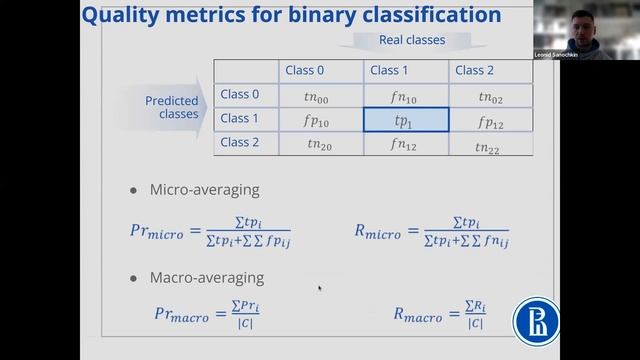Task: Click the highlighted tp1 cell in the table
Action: [x=405, y=120]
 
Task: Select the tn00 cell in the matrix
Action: [x=319, y=96]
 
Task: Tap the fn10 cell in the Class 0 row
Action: [x=405, y=96]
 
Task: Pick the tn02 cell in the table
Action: [x=490, y=96]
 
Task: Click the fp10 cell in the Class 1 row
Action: [x=319, y=120]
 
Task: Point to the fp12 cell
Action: [x=490, y=120]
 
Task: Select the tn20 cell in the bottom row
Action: [x=319, y=144]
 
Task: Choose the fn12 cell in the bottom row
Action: [x=405, y=144]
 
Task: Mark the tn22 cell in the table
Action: [x=490, y=145]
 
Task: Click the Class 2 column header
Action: [x=474, y=70]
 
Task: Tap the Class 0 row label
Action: [x=239, y=95]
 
